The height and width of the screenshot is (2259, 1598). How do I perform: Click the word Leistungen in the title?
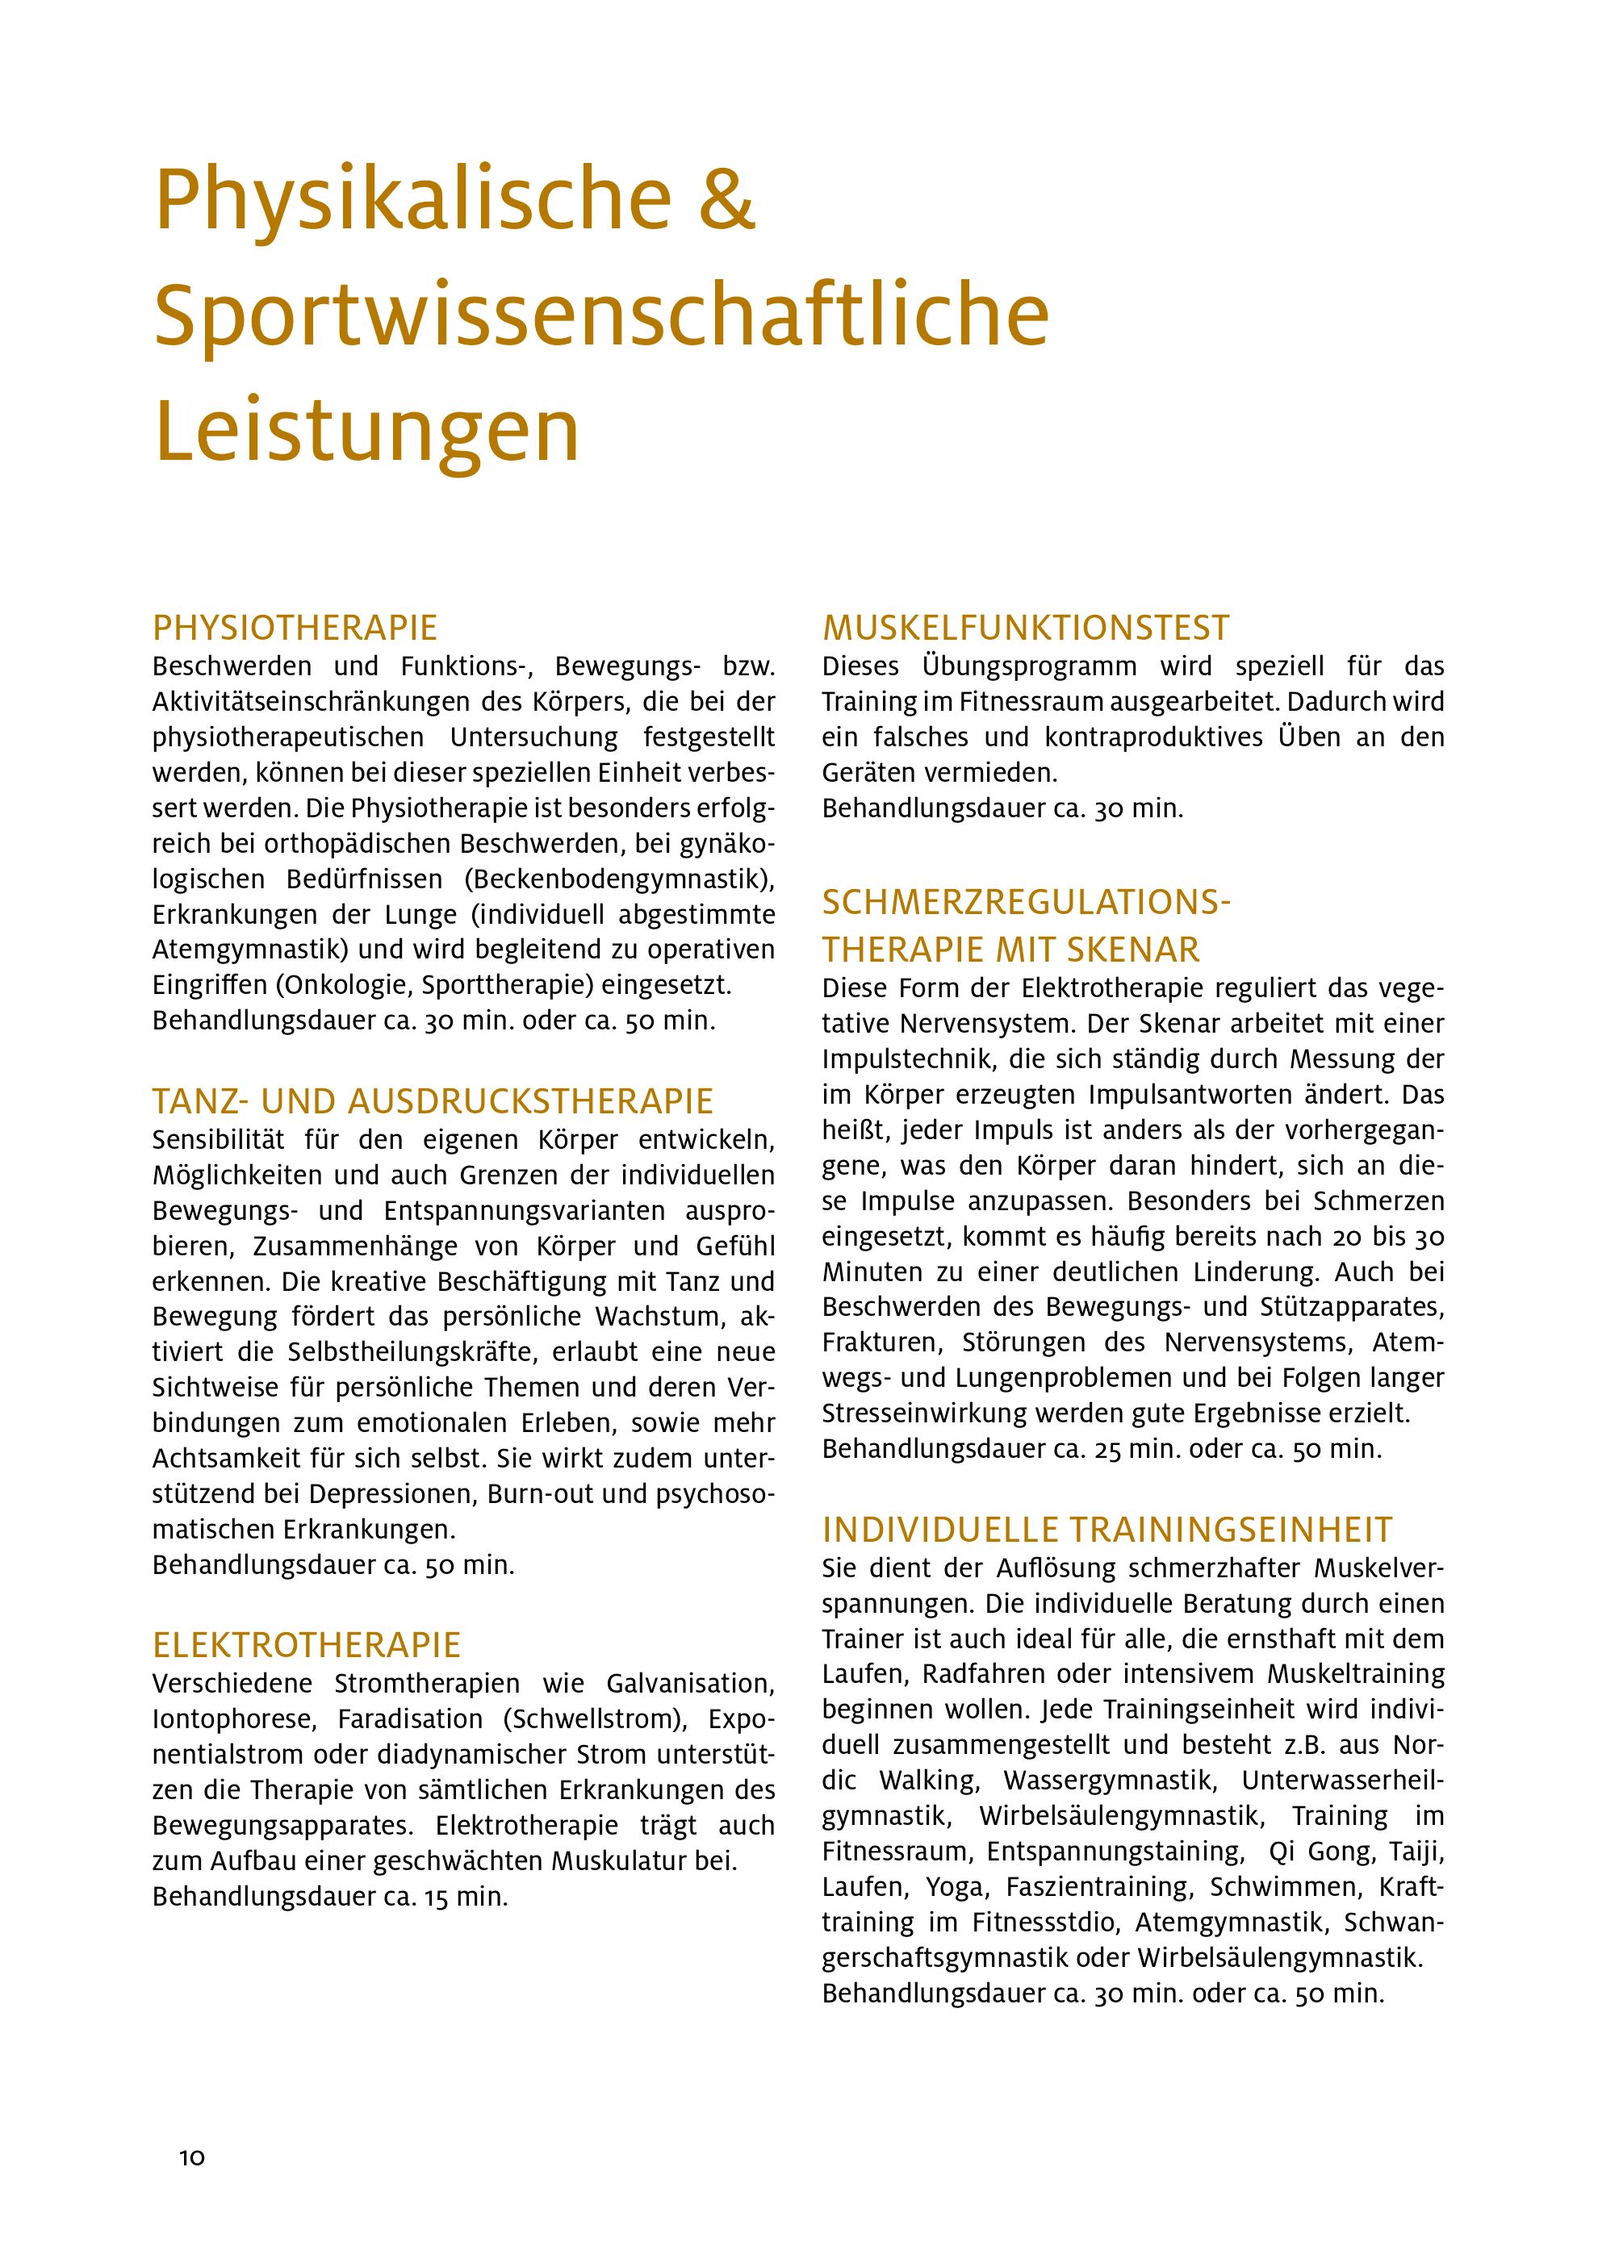point(367,431)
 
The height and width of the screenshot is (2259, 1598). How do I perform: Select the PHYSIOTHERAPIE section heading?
point(295,628)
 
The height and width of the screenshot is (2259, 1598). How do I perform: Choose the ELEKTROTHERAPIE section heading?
point(307,1645)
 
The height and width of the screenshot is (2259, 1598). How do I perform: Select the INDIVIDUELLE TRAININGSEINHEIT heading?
point(1107,1530)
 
